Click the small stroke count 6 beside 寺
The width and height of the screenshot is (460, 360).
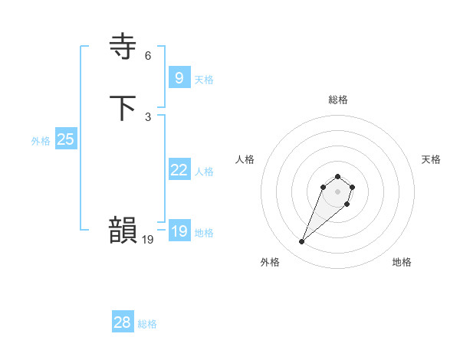148,56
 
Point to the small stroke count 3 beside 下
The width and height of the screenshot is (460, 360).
148,116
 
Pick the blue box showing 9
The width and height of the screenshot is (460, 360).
179,77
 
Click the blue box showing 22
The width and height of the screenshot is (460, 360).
179,170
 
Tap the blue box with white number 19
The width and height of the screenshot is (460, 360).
179,231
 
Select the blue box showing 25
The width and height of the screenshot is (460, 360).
66,139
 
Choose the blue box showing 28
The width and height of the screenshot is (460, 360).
123,322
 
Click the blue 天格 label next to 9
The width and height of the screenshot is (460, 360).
204,80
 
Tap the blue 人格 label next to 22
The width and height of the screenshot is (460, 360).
204,172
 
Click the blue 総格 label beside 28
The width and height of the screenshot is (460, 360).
147,324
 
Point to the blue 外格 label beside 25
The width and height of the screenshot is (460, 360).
41,141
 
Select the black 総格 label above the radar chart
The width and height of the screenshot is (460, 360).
337,100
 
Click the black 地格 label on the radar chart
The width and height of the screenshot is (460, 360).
402,263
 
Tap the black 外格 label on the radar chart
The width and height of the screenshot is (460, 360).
270,263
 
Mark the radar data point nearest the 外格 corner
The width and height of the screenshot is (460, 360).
302,242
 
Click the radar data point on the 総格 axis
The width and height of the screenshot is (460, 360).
337,177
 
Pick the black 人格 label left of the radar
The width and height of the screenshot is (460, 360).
245,159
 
